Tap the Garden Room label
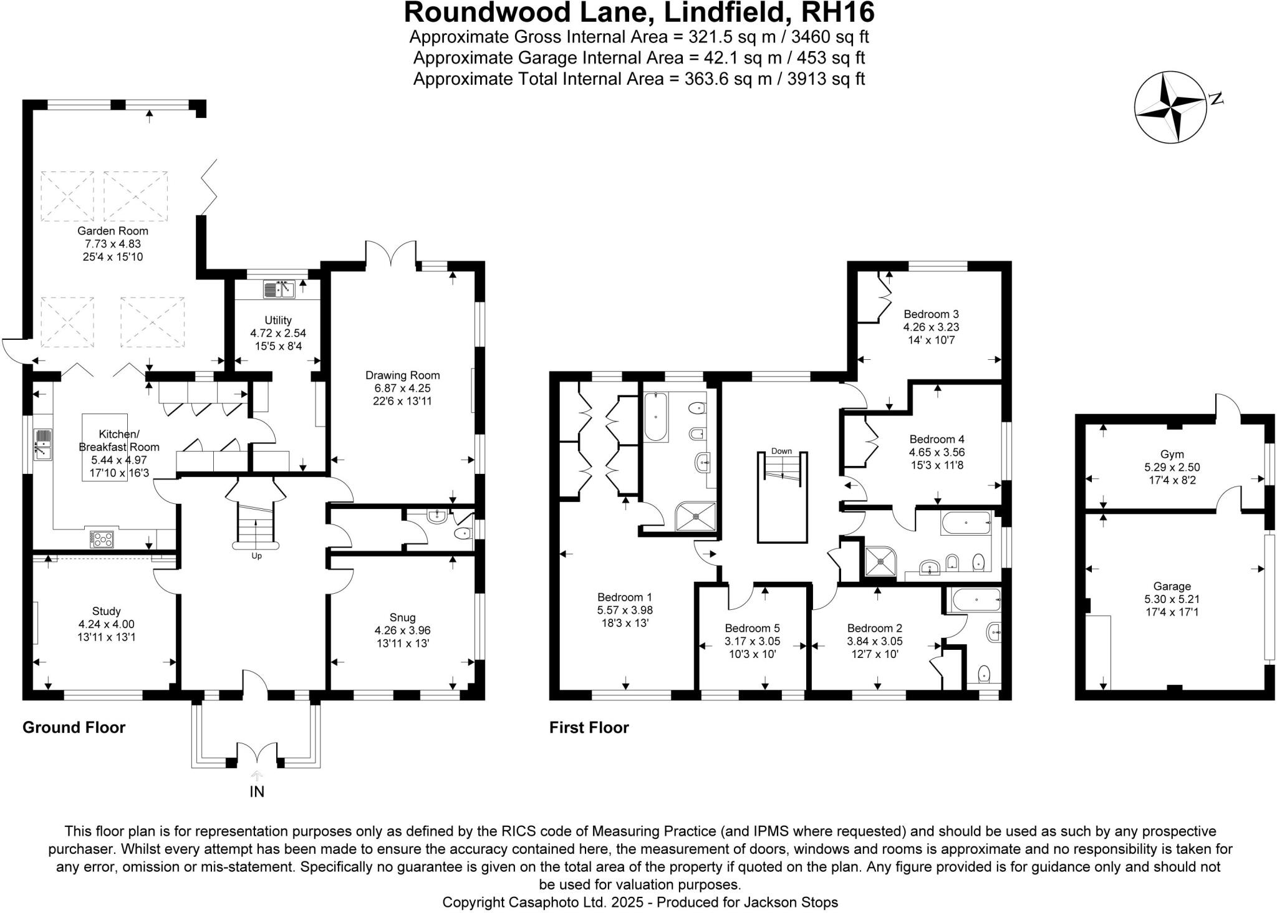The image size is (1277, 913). pyautogui.click(x=113, y=231)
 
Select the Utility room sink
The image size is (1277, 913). pyautogui.click(x=279, y=290)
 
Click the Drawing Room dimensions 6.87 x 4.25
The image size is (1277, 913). pyautogui.click(x=402, y=388)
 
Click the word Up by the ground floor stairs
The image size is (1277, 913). pyautogui.click(x=256, y=556)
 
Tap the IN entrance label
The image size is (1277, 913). pyautogui.click(x=257, y=791)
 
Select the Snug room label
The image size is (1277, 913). pyautogui.click(x=402, y=617)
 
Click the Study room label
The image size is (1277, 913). pyautogui.click(x=106, y=611)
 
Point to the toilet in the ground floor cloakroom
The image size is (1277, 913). pyautogui.click(x=463, y=534)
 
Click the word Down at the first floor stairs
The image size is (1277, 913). pyautogui.click(x=781, y=451)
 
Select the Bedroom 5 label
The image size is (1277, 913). pyautogui.click(x=752, y=628)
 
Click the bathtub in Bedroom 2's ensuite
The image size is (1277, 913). pyautogui.click(x=973, y=600)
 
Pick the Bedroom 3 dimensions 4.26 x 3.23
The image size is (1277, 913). pyautogui.click(x=931, y=327)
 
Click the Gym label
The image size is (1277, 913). pyautogui.click(x=1172, y=454)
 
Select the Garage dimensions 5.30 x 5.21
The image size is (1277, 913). pyautogui.click(x=1172, y=599)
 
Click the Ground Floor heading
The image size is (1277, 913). pyautogui.click(x=74, y=727)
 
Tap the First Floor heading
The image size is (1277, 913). pyautogui.click(x=589, y=727)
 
